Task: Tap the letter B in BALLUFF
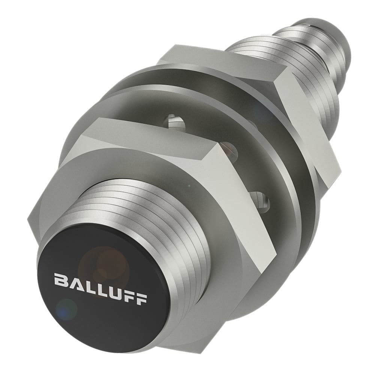click(61, 280)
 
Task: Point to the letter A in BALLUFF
click(75, 282)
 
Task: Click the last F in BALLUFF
click(141, 299)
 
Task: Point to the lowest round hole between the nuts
click(260, 199)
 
